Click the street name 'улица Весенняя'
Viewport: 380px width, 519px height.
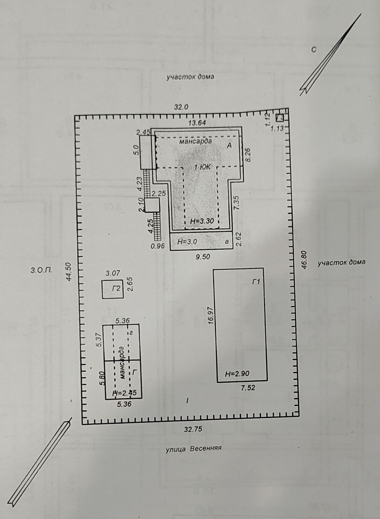pos(193,449)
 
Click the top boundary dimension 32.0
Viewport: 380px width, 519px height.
pos(181,107)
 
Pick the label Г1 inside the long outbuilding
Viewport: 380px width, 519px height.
pos(256,282)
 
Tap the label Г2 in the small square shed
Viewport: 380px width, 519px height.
pos(116,288)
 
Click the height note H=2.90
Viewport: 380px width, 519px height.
pos(237,374)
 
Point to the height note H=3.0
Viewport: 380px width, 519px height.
pos(187,242)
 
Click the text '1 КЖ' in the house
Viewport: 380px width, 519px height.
pos(202,167)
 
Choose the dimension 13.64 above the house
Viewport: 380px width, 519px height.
pos(197,123)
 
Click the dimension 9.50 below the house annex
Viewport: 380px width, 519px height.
pos(202,257)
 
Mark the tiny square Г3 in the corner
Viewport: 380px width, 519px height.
pos(280,118)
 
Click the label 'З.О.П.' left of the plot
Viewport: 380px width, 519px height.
pos(41,270)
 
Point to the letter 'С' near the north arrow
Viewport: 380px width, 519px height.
pos(314,50)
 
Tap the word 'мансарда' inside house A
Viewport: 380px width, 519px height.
pos(196,141)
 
